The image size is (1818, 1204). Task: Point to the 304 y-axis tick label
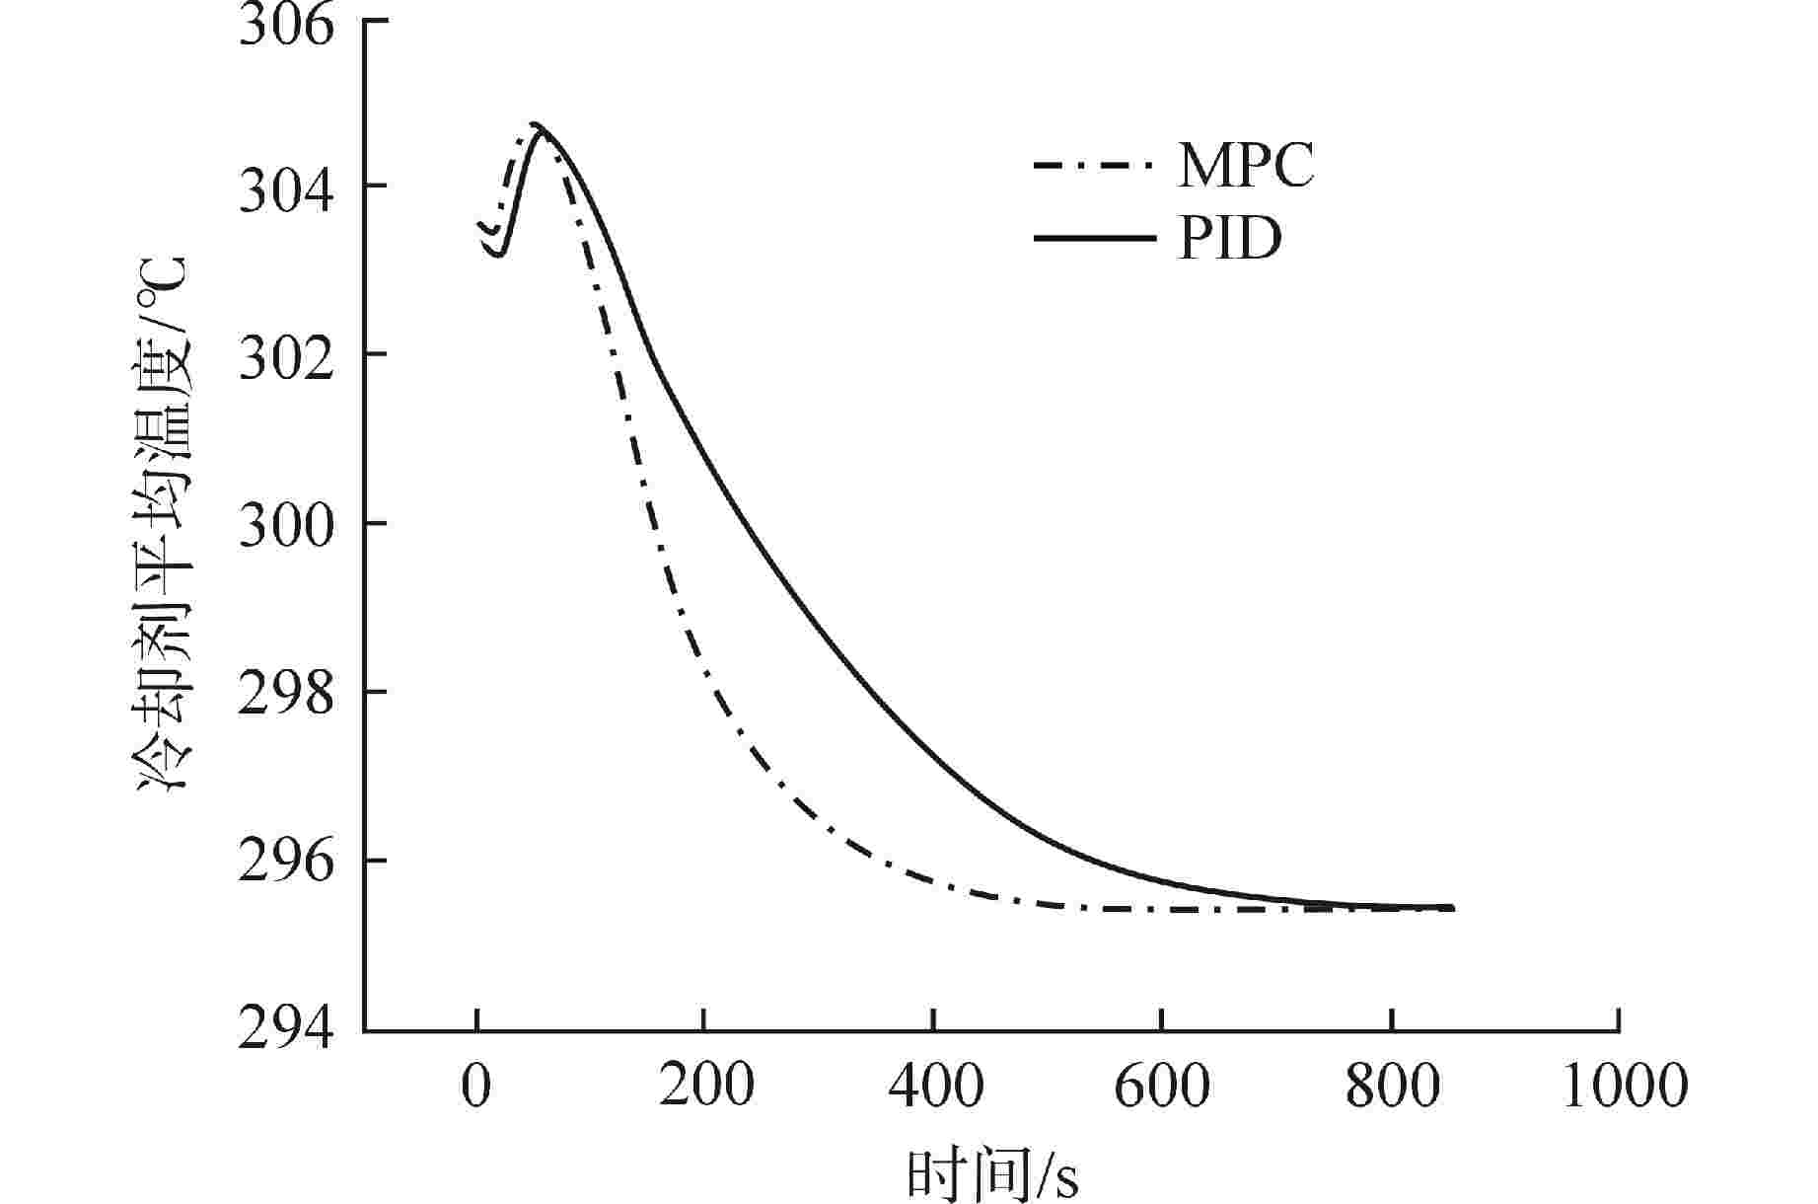pyautogui.click(x=286, y=188)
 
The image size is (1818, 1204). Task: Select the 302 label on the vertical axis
pyautogui.click(x=286, y=355)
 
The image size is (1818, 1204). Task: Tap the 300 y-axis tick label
pyautogui.click(x=286, y=524)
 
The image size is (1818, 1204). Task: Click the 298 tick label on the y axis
pyautogui.click(x=286, y=693)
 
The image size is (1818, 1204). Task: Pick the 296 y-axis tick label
pyautogui.click(x=286, y=862)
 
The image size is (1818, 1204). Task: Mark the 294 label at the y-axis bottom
pyautogui.click(x=286, y=1030)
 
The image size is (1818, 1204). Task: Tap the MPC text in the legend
pyautogui.click(x=1245, y=166)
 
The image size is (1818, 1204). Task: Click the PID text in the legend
pyautogui.click(x=1229, y=238)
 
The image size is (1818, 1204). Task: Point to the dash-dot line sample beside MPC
pyautogui.click(x=1092, y=165)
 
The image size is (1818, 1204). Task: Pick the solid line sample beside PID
pyautogui.click(x=1092, y=238)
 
